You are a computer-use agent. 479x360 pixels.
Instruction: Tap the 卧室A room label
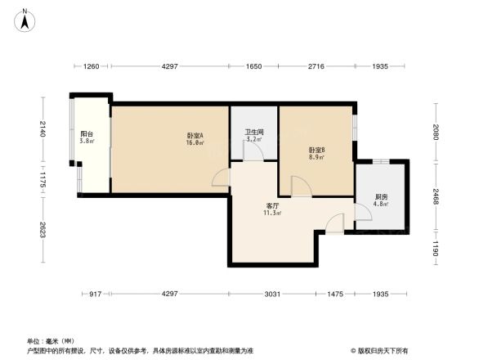pos(195,135)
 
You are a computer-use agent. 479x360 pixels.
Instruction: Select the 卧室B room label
pos(317,150)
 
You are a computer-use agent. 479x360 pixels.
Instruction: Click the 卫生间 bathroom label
pos(253,132)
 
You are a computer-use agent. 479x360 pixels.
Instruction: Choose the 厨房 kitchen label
pos(381,196)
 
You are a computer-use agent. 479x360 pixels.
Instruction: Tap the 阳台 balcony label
pos(86,134)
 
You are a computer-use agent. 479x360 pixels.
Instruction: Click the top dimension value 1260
pos(91,65)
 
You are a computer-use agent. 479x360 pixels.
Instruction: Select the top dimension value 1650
pos(254,65)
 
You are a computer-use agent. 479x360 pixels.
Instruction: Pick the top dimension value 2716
pos(316,65)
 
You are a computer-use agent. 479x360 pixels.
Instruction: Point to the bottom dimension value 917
pos(95,293)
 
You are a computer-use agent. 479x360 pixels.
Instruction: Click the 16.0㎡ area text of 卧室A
pos(195,142)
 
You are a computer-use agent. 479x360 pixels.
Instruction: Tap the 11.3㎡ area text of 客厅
pos(272,214)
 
